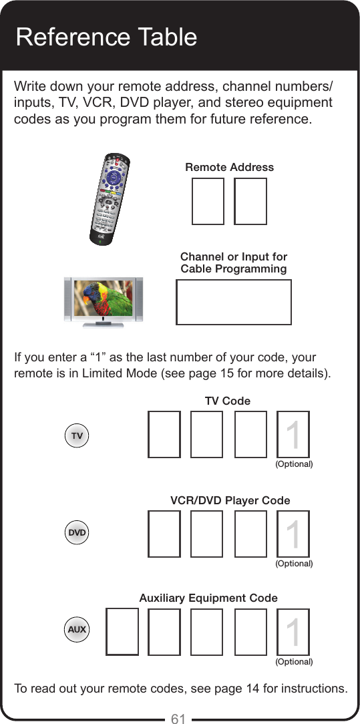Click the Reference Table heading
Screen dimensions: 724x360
tap(106, 36)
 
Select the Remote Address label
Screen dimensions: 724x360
tap(229, 167)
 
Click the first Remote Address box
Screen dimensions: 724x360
tap(208, 201)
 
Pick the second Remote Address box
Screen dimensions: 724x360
tap(250, 201)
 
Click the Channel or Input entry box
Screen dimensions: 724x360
tap(233, 302)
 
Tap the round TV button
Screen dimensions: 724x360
tap(77, 435)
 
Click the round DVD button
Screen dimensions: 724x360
tap(77, 533)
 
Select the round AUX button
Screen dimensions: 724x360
tap(77, 630)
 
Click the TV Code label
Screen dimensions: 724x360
tap(228, 401)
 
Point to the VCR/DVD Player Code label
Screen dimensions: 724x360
tap(230, 500)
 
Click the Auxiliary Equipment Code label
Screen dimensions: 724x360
tap(208, 598)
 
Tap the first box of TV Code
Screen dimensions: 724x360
tap(164, 434)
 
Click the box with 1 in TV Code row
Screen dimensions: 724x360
tap(293, 434)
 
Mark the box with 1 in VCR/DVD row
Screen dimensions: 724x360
tap(293, 534)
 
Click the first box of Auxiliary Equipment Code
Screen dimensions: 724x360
tap(122, 631)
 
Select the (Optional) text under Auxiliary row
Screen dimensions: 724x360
tap(294, 661)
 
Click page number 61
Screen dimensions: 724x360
tap(178, 718)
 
